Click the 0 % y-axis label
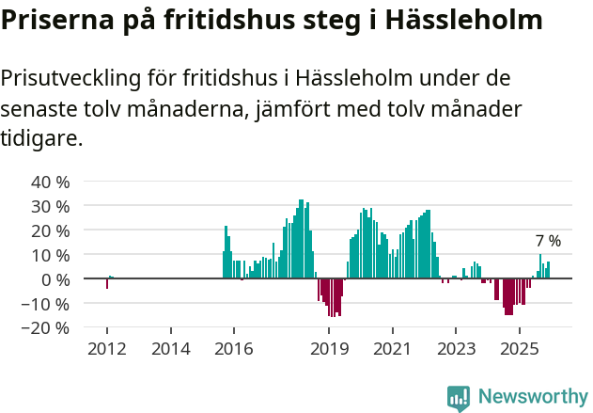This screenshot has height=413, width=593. [53, 279]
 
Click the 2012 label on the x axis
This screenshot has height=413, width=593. [106, 349]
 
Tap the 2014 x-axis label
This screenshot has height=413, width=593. [170, 349]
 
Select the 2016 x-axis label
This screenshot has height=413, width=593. [234, 349]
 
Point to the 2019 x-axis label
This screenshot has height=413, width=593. [329, 349]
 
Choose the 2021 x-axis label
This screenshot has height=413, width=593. [393, 349]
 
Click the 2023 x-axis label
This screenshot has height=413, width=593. [456, 349]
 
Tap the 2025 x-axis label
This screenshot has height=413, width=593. [519, 349]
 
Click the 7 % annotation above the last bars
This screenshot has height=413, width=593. [548, 241]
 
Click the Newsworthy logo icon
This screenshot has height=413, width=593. [459, 398]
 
